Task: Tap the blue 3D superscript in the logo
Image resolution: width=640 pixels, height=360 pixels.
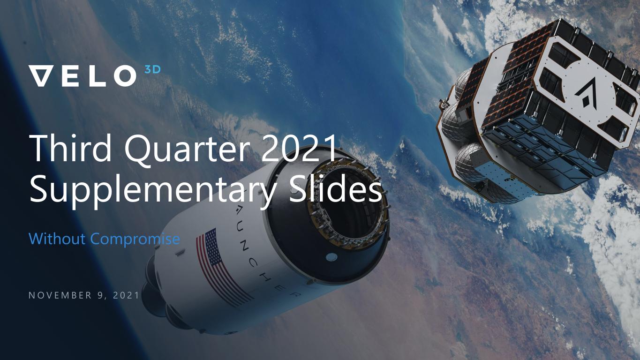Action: point(153,69)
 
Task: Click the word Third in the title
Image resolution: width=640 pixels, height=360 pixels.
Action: point(70,148)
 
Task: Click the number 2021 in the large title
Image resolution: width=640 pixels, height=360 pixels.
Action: point(299,149)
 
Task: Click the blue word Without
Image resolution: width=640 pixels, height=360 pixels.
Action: point(57,239)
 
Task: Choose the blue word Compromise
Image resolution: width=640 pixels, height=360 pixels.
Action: point(135,240)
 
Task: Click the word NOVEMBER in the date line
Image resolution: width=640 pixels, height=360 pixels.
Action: point(60,295)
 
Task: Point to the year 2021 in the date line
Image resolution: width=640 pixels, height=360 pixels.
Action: point(126,295)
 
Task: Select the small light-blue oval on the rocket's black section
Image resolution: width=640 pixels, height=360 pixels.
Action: point(331,257)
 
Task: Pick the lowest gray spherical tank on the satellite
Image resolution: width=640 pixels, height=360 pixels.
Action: point(468,162)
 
